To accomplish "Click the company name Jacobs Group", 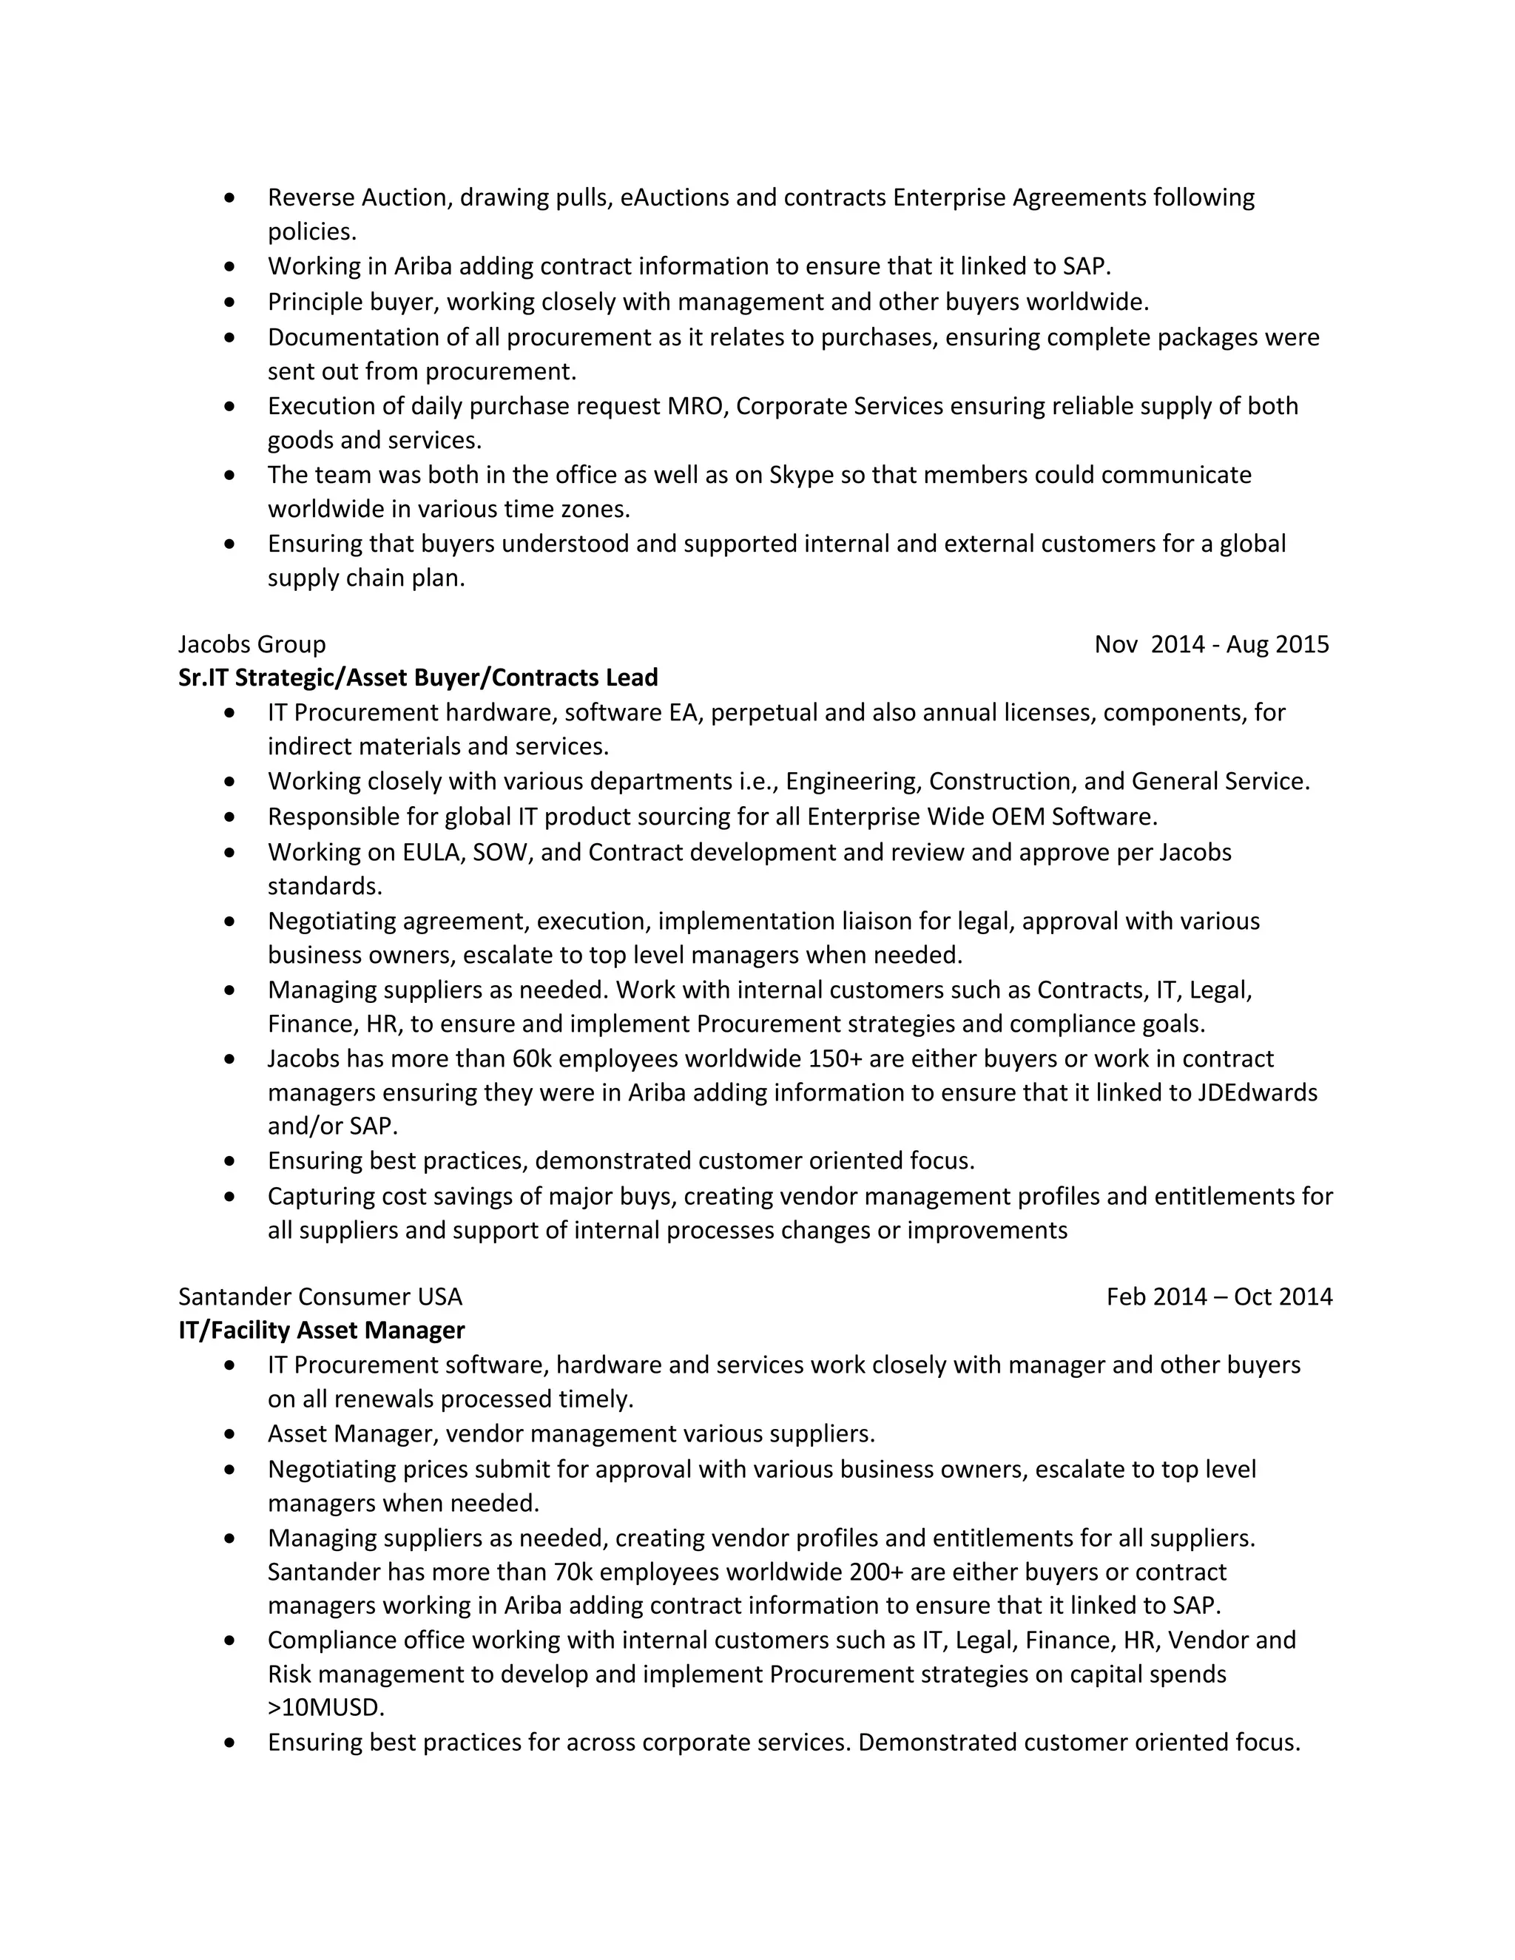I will point(252,644).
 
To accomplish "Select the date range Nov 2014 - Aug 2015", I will point(1211,644).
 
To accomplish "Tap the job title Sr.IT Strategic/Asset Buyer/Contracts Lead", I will point(417,677).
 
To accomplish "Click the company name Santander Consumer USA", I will point(320,1297).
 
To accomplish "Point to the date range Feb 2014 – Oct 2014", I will point(1219,1297).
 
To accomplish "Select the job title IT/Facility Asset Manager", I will point(321,1330).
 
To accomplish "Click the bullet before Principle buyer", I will point(231,303).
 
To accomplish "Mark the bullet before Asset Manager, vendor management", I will point(231,1434).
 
